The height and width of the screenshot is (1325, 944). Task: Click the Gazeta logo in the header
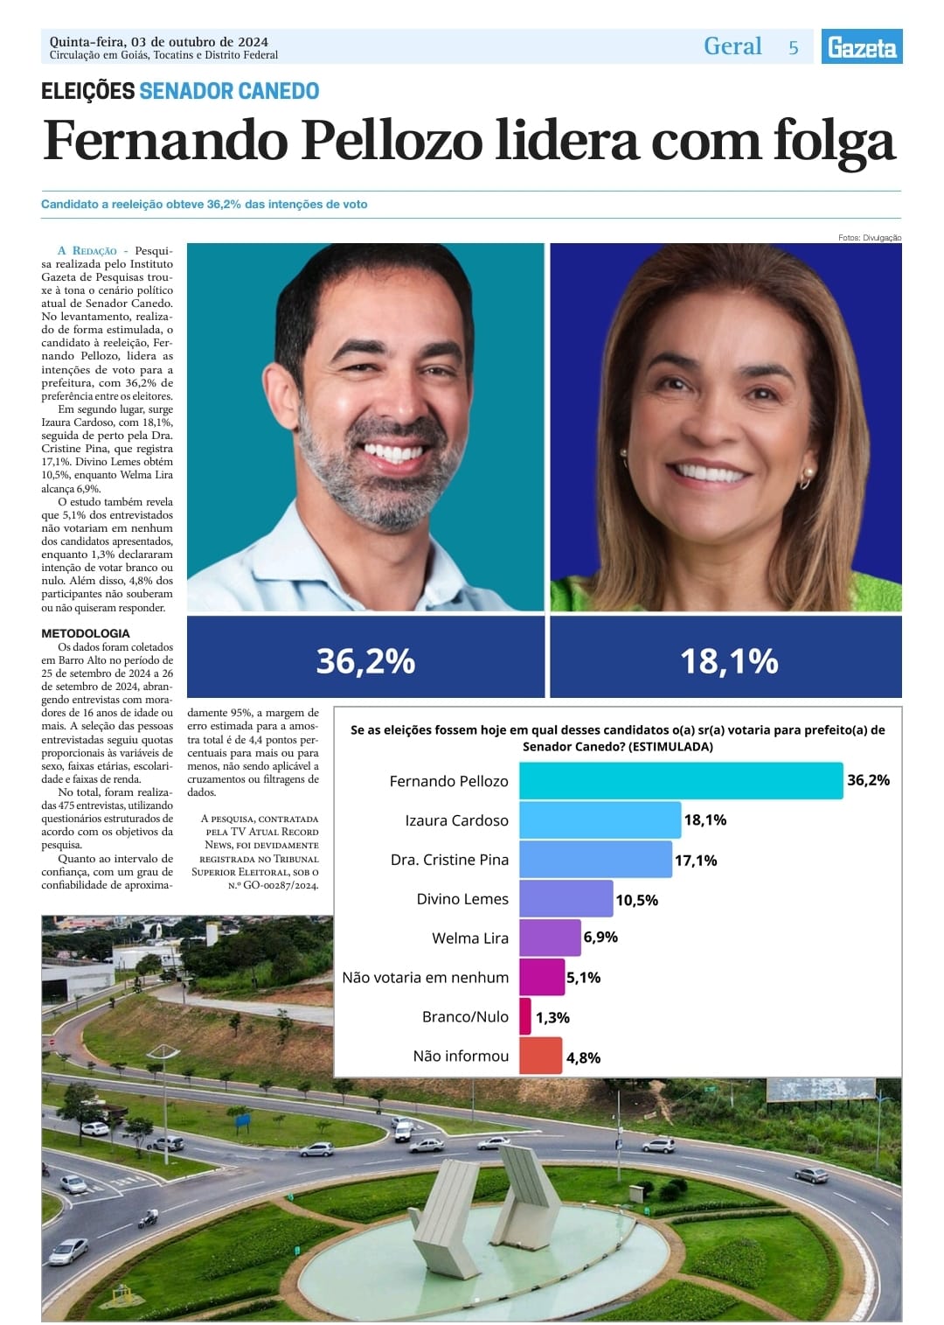[x=861, y=46]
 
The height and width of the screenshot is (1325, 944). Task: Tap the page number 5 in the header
[x=794, y=48]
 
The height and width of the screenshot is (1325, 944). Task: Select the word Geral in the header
[x=732, y=46]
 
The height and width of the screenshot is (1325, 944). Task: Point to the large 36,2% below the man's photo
[x=365, y=661]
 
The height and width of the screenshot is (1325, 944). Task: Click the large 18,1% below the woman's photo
[x=729, y=661]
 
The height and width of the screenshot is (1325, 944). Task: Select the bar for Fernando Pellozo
[x=681, y=780]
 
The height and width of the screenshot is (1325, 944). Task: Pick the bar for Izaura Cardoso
[x=600, y=820]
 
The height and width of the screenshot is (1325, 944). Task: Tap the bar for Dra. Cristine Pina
[x=595, y=860]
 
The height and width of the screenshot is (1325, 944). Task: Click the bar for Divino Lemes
[x=566, y=899]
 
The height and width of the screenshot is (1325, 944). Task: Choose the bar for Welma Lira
[x=550, y=938]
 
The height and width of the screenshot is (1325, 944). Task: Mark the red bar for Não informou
[x=540, y=1056]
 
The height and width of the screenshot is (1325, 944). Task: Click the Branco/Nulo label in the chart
[x=465, y=1016]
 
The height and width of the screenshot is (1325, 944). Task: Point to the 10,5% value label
[x=636, y=900]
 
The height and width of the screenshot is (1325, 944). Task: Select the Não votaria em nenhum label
[x=425, y=977]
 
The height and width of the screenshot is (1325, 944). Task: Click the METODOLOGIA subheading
[x=86, y=633]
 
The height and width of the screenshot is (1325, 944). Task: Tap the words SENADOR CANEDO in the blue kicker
[x=229, y=91]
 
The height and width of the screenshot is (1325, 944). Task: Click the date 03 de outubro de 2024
[x=199, y=41]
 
